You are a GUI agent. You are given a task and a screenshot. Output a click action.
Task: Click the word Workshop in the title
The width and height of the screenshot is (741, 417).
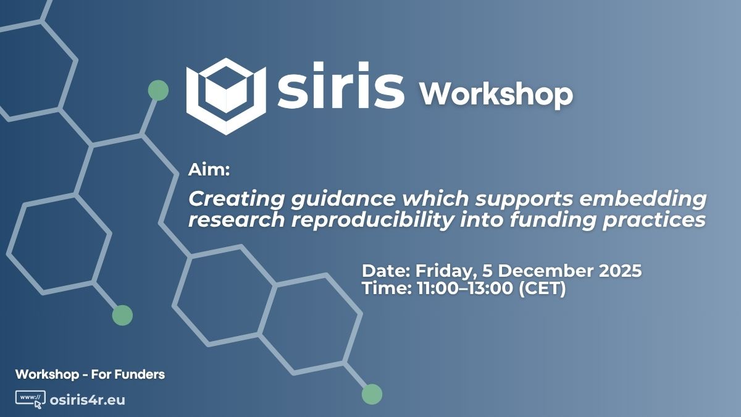(496, 94)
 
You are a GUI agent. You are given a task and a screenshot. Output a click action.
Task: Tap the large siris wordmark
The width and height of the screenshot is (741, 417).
(341, 90)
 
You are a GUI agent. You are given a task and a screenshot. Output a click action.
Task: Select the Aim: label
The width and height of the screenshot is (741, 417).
(209, 171)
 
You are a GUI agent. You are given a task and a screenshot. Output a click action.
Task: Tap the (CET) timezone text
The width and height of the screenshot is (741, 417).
(542, 289)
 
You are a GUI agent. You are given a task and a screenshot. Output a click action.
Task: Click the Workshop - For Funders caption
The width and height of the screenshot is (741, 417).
(90, 374)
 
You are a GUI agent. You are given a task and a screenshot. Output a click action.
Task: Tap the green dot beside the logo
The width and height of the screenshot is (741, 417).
(158, 90)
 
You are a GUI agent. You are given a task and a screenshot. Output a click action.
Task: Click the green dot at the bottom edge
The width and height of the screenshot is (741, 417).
(372, 394)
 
